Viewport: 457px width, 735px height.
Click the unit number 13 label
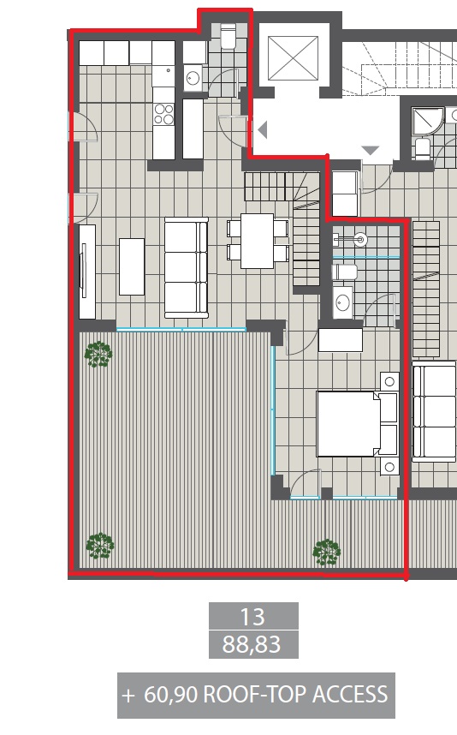(252, 617)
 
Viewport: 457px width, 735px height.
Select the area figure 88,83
(252, 644)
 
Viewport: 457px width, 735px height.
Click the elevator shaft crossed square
(294, 58)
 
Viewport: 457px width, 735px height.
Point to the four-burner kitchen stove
(163, 114)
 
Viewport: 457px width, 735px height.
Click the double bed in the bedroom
(357, 424)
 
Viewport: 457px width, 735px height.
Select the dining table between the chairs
(257, 241)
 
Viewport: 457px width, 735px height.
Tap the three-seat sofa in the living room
(186, 267)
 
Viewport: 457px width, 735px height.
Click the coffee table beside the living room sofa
(132, 266)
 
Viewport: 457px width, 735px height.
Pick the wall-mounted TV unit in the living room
(87, 272)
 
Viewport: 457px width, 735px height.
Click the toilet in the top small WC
(228, 37)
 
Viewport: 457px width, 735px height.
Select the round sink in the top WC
(193, 78)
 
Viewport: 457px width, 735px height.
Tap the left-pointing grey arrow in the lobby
(262, 130)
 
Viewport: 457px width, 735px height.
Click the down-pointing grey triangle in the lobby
(371, 150)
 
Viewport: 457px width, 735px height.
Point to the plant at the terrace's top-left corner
(98, 355)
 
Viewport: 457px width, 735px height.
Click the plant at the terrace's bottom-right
(326, 552)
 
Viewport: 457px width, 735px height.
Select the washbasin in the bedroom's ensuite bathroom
(342, 302)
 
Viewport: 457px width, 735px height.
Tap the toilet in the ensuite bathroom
(344, 272)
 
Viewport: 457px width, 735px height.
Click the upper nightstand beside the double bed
(389, 381)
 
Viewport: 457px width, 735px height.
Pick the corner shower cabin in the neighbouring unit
(426, 122)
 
